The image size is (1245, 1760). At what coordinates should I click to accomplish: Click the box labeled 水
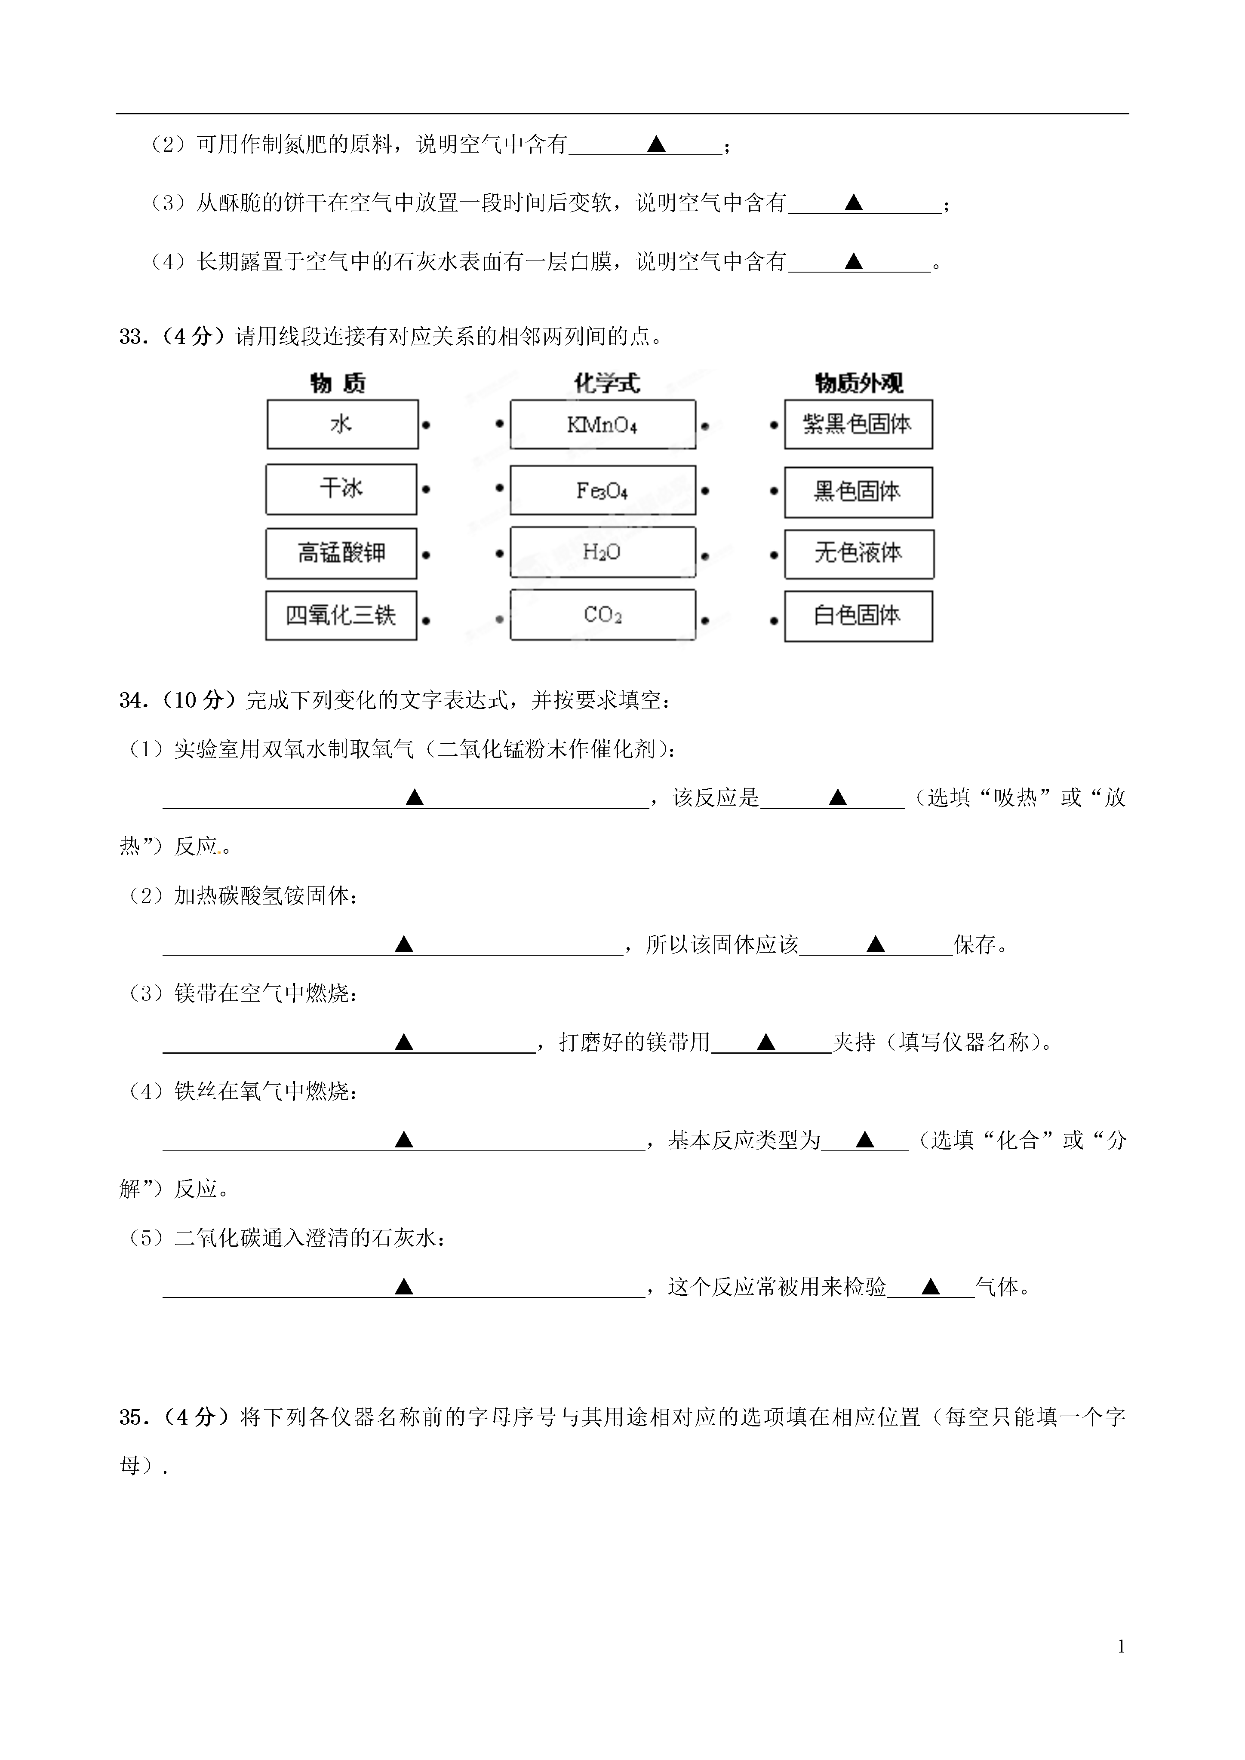pos(343,424)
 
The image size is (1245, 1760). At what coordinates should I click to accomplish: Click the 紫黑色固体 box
pos(859,424)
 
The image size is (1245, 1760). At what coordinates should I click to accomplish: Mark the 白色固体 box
pos(859,616)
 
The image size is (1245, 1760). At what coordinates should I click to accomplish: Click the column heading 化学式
pos(606,383)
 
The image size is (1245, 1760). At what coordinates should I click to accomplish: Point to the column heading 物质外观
pos(859,383)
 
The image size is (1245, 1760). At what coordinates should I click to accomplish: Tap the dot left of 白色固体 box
pos(774,620)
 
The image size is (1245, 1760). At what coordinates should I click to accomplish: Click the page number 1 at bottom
pos(1122,1647)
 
